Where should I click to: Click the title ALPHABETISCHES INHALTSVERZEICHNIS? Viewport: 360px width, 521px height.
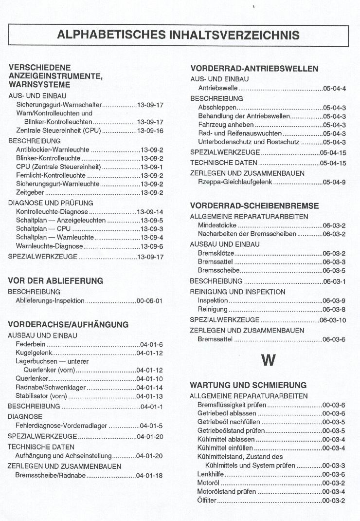[x=178, y=35]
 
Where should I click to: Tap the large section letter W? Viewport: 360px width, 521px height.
[x=268, y=360]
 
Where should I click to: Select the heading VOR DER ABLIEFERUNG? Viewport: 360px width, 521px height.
[x=55, y=281]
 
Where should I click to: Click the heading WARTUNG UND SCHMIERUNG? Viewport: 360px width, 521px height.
[x=248, y=385]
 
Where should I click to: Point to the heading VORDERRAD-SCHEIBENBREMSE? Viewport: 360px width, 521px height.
[x=254, y=206]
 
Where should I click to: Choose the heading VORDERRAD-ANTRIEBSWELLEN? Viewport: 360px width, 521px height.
[x=254, y=69]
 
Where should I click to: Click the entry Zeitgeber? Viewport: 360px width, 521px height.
[x=29, y=193]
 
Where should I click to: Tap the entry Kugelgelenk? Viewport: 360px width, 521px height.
[x=34, y=353]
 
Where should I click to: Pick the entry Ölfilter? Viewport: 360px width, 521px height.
[x=207, y=501]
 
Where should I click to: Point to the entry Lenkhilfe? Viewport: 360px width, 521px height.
[x=210, y=474]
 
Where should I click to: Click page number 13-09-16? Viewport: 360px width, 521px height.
[x=150, y=131]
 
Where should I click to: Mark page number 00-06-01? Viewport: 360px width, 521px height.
[x=150, y=301]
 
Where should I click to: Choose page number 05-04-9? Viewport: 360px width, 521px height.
[x=335, y=182]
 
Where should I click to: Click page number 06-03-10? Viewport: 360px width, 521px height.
[x=333, y=320]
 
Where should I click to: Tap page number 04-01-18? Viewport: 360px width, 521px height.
[x=150, y=475]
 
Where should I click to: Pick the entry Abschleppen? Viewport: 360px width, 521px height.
[x=217, y=108]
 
